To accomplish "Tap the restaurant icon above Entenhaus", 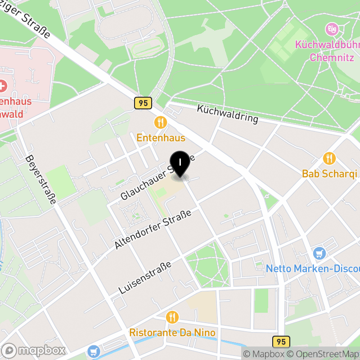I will click(160, 122).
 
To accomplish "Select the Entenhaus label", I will click(161, 138).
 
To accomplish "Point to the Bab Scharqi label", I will click(329, 174).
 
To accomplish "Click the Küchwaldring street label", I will click(228, 114).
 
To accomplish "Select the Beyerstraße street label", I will click(40, 180).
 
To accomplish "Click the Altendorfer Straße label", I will click(153, 229).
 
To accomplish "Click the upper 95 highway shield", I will click(143, 103).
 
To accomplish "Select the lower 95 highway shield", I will click(281, 342).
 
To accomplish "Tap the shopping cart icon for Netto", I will click(319, 253).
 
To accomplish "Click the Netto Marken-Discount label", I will click(312, 269).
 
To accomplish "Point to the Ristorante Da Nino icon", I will click(172, 317).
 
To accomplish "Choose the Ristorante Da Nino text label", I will click(172, 333).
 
